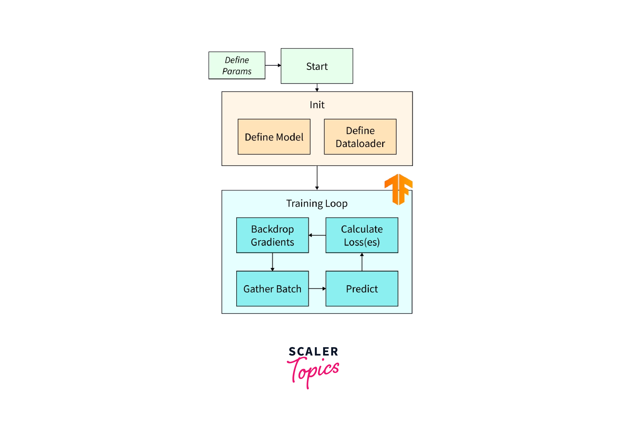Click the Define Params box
(x=237, y=66)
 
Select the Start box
(x=317, y=66)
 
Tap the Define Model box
(x=274, y=137)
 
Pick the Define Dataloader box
(x=360, y=137)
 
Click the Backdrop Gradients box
(x=272, y=235)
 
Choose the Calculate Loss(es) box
(x=362, y=235)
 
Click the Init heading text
(x=317, y=105)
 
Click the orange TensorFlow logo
(x=398, y=189)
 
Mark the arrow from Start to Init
(x=317, y=88)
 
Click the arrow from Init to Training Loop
(x=317, y=178)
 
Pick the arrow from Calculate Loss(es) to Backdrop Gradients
(x=317, y=235)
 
